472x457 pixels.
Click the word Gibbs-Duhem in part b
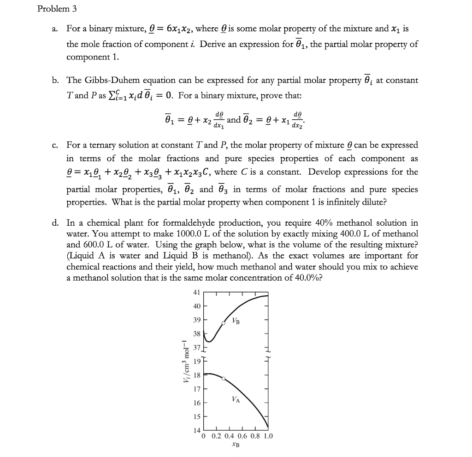(x=106, y=80)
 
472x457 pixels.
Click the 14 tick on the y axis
(x=196, y=430)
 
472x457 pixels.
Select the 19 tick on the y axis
(x=196, y=361)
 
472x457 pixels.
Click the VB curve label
(x=236, y=321)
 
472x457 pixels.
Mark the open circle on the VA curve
(x=224, y=379)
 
